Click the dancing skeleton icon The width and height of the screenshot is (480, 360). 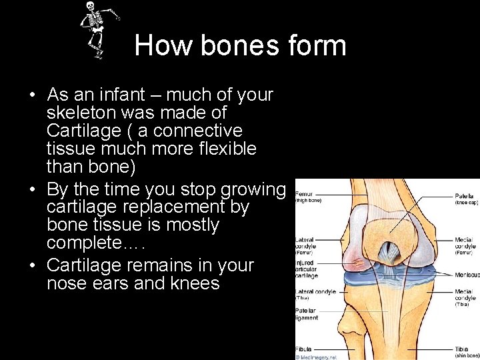click(x=97, y=29)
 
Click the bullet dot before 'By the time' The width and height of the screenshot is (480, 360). click(x=32, y=190)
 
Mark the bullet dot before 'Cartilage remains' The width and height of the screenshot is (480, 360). click(x=32, y=266)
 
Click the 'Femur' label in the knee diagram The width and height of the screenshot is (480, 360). click(x=304, y=195)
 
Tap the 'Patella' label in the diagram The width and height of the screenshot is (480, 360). click(x=464, y=195)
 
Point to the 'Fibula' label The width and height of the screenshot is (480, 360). click(x=304, y=349)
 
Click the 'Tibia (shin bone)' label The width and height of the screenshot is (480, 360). click(x=464, y=351)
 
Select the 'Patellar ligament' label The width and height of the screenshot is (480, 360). click(x=307, y=314)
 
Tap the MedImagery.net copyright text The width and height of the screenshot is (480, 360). click(x=317, y=357)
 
